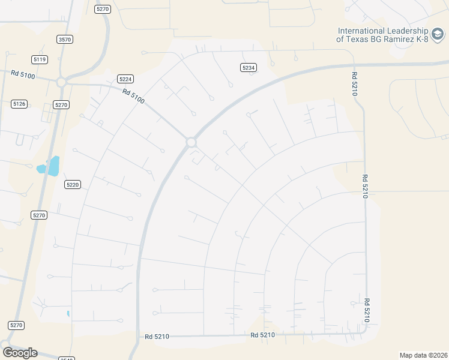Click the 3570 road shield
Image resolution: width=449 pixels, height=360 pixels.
click(65, 39)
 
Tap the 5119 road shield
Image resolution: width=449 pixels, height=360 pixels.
click(40, 59)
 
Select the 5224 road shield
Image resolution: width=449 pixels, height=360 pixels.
click(125, 79)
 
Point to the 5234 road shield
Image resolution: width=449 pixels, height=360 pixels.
click(249, 68)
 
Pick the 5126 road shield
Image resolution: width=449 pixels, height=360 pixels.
click(19, 104)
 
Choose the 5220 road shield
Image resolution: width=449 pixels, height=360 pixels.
click(73, 184)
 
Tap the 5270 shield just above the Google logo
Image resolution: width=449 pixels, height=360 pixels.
click(16, 325)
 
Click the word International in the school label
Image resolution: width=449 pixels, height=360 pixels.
click(367, 31)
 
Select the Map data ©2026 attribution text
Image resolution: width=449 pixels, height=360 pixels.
click(423, 355)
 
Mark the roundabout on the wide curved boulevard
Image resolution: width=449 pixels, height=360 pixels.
click(191, 142)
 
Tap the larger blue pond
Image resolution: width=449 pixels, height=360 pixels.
click(54, 166)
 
